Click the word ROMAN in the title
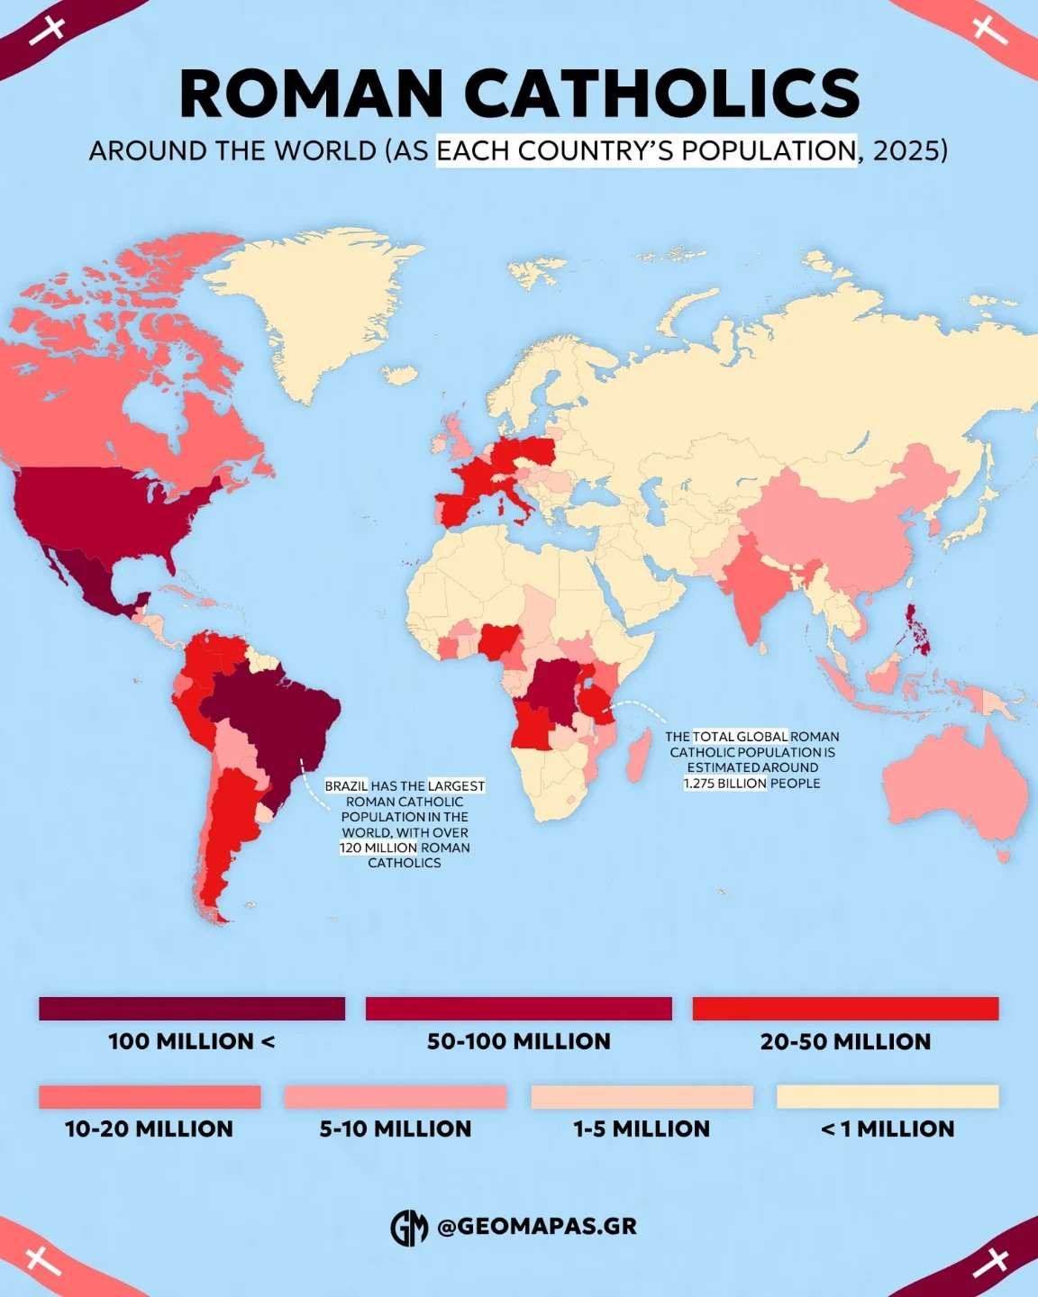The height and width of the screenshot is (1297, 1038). [311, 93]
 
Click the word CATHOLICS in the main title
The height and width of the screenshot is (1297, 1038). [662, 93]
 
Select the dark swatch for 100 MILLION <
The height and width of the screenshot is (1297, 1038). [192, 1009]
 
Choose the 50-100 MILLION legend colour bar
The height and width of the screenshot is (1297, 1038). [519, 1009]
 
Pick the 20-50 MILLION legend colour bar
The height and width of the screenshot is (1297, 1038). [845, 1009]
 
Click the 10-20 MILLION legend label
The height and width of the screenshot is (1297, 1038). [149, 1129]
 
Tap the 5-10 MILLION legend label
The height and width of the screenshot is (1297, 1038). [396, 1129]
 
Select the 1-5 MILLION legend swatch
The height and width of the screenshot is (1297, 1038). [642, 1097]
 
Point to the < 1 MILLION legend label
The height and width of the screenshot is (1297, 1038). [888, 1129]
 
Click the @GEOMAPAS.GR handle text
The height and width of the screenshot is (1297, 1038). [537, 1227]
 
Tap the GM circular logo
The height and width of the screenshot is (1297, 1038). [409, 1227]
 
